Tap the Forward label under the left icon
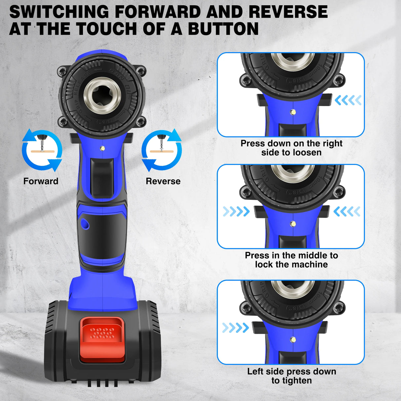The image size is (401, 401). (41, 181)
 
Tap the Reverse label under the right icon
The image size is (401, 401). (163, 181)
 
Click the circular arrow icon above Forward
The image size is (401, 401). (42, 150)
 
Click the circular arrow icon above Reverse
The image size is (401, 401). (162, 150)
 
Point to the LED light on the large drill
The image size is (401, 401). (102, 148)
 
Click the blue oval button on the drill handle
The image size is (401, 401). (85, 224)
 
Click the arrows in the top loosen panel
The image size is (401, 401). (348, 100)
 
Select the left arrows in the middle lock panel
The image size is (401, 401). (236, 211)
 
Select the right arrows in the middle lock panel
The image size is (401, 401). (346, 211)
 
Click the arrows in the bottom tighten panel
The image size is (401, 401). (235, 328)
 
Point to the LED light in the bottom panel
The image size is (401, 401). (293, 340)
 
